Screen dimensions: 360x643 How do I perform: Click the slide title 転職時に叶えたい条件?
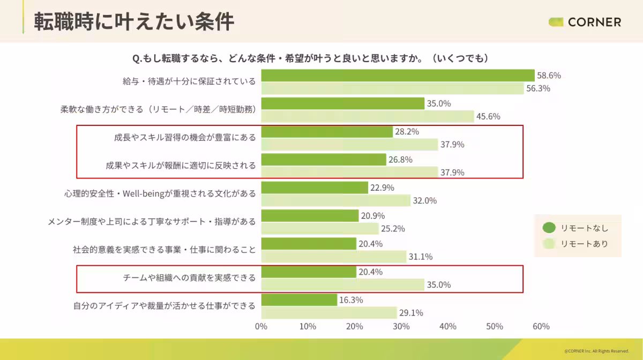tap(134, 22)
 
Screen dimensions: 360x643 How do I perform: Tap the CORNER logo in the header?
tap(585, 22)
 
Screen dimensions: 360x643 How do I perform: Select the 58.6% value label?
tap(549, 76)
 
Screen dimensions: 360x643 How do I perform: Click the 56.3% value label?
tap(538, 88)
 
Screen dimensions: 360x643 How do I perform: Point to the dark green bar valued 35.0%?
tap(342, 103)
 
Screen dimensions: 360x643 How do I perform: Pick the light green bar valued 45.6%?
tap(368, 116)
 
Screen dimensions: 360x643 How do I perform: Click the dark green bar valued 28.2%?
tap(327, 131)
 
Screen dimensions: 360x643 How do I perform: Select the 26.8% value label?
tap(400, 160)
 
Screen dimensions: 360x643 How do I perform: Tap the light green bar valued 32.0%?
tap(335, 200)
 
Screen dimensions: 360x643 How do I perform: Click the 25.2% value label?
tap(392, 229)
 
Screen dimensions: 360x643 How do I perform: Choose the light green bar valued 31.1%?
tap(333, 257)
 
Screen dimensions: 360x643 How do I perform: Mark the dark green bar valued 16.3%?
tap(299, 300)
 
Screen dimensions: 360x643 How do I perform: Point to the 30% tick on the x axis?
tap(401, 326)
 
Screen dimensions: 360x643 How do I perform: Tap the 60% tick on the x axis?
tap(541, 326)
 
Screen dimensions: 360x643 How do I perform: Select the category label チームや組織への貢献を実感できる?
tap(189, 278)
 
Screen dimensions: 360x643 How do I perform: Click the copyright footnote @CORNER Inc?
tap(596, 351)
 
